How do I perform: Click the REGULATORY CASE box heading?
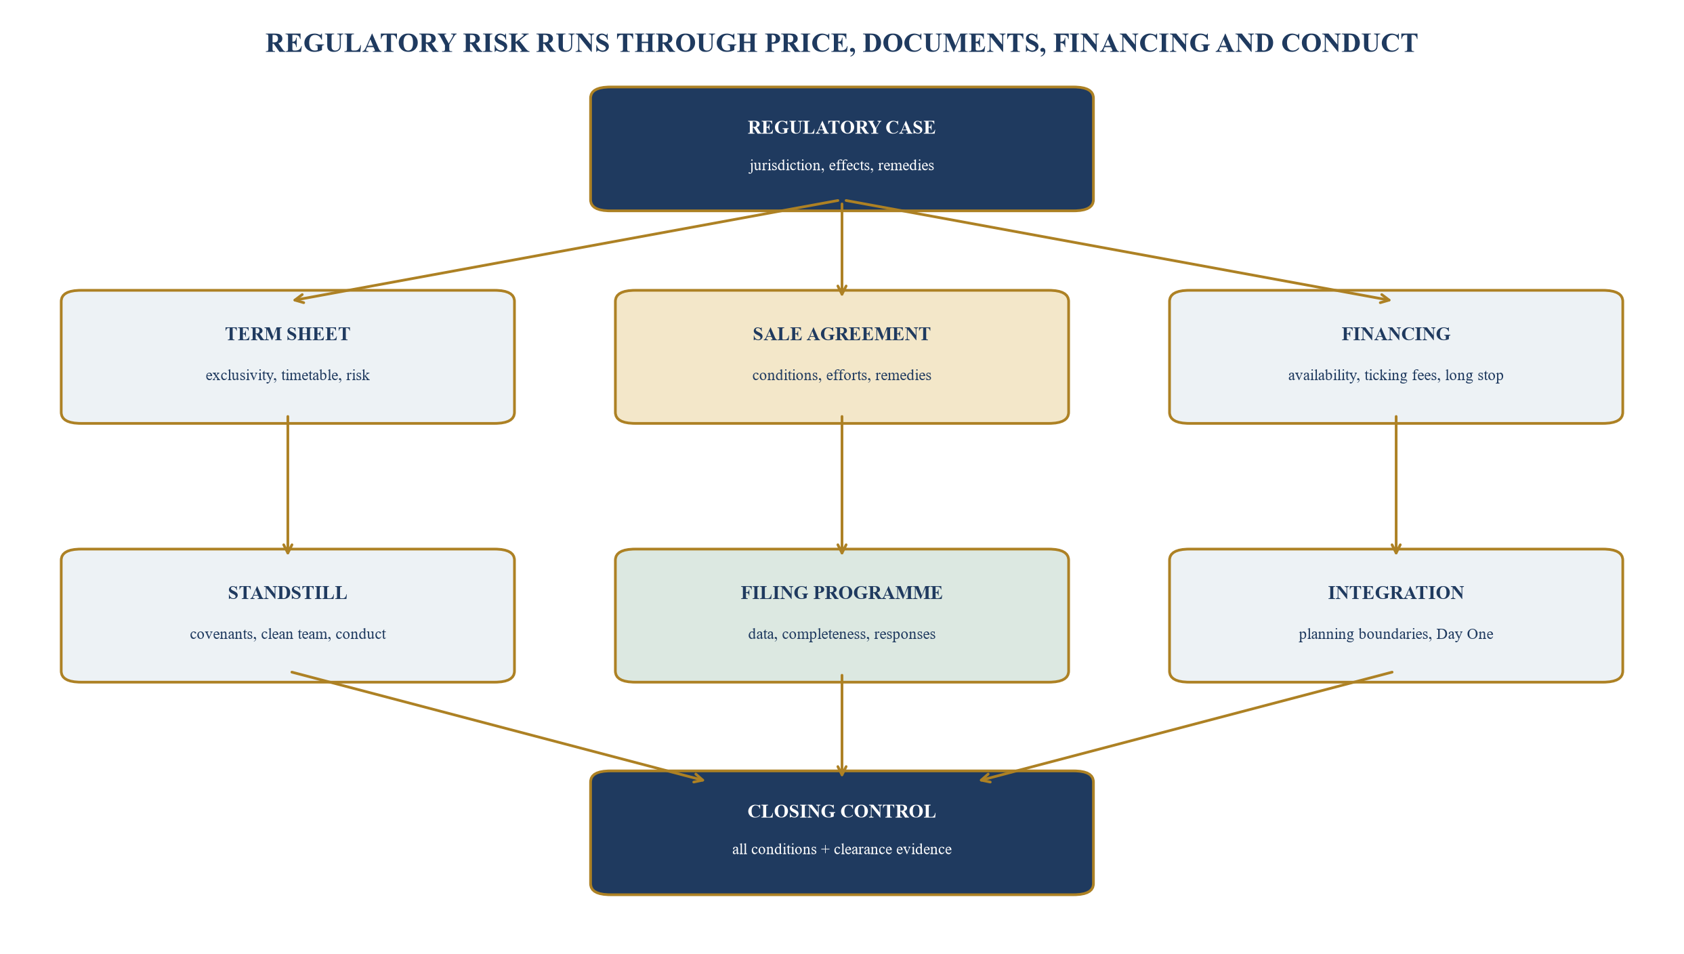841,127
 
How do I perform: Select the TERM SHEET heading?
288,334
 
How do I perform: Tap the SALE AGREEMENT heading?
841,334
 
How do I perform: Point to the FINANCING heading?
1395,334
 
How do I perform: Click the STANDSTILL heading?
288,593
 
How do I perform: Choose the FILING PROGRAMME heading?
841,593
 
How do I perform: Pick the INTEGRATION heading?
1395,593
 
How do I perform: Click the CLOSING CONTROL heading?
841,812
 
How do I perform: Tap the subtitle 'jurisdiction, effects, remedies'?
841,165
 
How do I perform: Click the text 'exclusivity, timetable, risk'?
288,375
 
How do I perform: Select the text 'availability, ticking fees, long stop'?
1395,375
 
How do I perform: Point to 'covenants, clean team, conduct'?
288,634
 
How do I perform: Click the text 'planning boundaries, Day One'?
1395,634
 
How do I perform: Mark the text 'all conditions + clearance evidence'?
841,850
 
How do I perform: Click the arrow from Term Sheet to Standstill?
288,485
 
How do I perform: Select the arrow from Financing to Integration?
1396,485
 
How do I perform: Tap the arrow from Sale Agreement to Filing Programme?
842,485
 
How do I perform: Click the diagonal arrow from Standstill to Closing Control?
498,726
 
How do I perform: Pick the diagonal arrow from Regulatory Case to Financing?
1118,251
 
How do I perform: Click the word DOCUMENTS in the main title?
953,43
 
